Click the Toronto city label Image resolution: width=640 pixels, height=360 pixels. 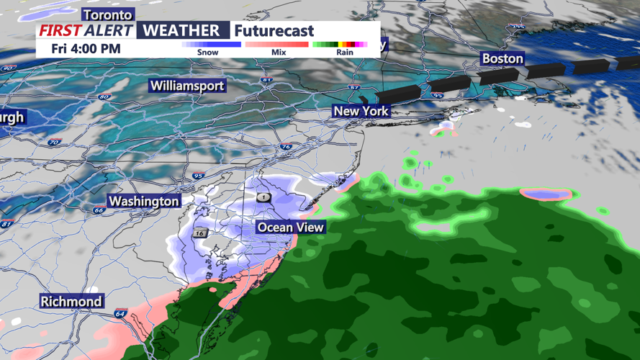[x=108, y=14]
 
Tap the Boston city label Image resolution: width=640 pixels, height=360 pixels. [x=502, y=58]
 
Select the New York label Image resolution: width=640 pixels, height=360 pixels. [x=361, y=111]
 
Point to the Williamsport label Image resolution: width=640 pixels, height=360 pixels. [x=187, y=86]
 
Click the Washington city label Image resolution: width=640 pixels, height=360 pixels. [x=144, y=201]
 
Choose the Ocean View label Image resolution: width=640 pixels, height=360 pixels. [x=291, y=228]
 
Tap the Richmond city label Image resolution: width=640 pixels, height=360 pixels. [x=71, y=301]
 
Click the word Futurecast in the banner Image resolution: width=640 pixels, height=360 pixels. [x=274, y=31]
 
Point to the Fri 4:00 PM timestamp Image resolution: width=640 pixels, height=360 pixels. [x=86, y=49]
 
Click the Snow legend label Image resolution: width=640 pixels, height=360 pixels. [x=207, y=53]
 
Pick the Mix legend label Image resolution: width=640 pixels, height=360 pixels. [x=279, y=53]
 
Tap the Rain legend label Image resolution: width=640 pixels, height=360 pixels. [x=345, y=53]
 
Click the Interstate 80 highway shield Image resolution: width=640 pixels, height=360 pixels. [x=104, y=96]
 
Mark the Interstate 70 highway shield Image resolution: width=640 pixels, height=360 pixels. [x=53, y=143]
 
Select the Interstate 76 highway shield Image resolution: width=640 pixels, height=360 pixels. [x=287, y=147]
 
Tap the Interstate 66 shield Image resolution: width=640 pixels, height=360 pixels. [x=99, y=210]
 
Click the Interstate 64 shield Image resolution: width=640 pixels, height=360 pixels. [x=120, y=314]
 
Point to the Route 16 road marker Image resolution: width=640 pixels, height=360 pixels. [x=199, y=233]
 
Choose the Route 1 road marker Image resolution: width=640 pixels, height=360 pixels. [x=263, y=197]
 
